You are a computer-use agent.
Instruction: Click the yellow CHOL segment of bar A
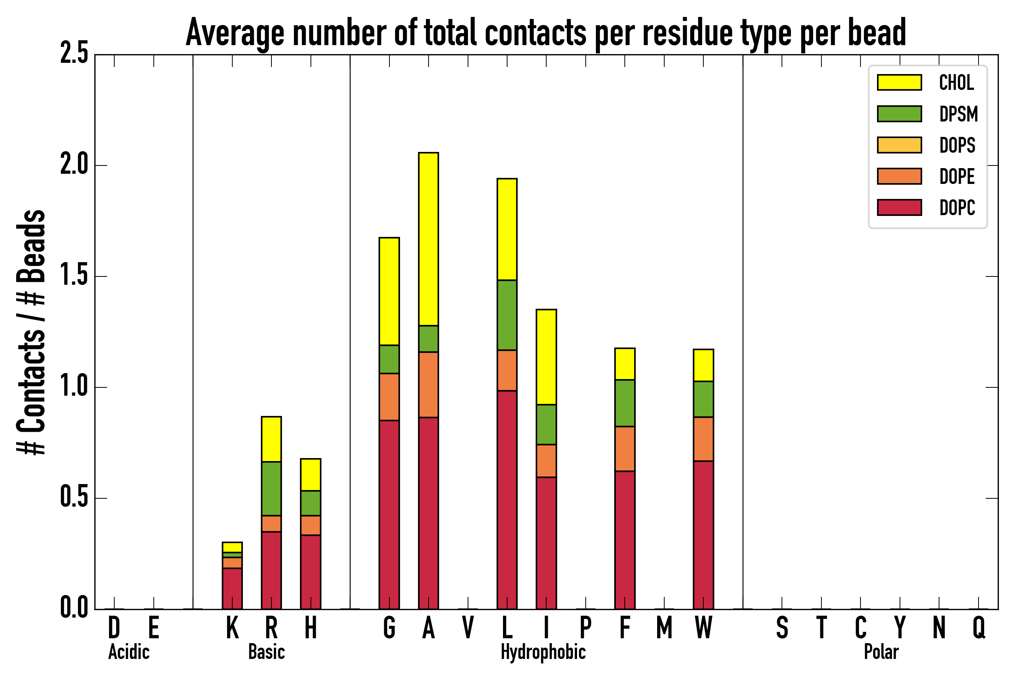428,239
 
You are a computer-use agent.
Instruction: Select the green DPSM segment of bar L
507,315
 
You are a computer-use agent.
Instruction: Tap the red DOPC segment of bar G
389,514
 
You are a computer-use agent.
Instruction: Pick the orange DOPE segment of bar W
703,439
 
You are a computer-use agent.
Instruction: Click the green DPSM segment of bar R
271,488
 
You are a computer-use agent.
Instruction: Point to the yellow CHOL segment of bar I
546,357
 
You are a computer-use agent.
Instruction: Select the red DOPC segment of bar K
232,588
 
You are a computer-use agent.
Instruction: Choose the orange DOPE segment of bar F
624,449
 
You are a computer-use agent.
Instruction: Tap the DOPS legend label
957,145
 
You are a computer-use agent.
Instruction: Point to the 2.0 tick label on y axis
74,165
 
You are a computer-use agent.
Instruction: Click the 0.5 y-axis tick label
74,498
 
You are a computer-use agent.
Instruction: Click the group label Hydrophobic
543,652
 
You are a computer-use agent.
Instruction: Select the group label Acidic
129,652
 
